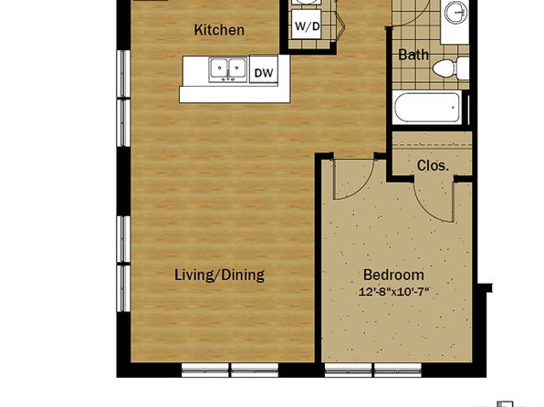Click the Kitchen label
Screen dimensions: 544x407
(219, 30)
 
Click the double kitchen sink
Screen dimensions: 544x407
(228, 69)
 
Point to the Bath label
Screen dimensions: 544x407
(413, 55)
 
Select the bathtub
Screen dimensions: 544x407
(427, 107)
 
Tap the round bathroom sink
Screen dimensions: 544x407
(455, 12)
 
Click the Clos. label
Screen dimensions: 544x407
(433, 165)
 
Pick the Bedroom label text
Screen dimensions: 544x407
(393, 275)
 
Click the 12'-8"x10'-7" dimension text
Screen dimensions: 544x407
(393, 292)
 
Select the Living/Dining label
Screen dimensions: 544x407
(219, 275)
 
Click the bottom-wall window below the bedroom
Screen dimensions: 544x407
(373, 370)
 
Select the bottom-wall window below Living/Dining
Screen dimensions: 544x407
(230, 370)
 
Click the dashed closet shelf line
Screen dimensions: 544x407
(433, 145)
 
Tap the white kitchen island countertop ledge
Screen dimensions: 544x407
(235, 94)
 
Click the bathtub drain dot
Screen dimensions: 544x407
(453, 108)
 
